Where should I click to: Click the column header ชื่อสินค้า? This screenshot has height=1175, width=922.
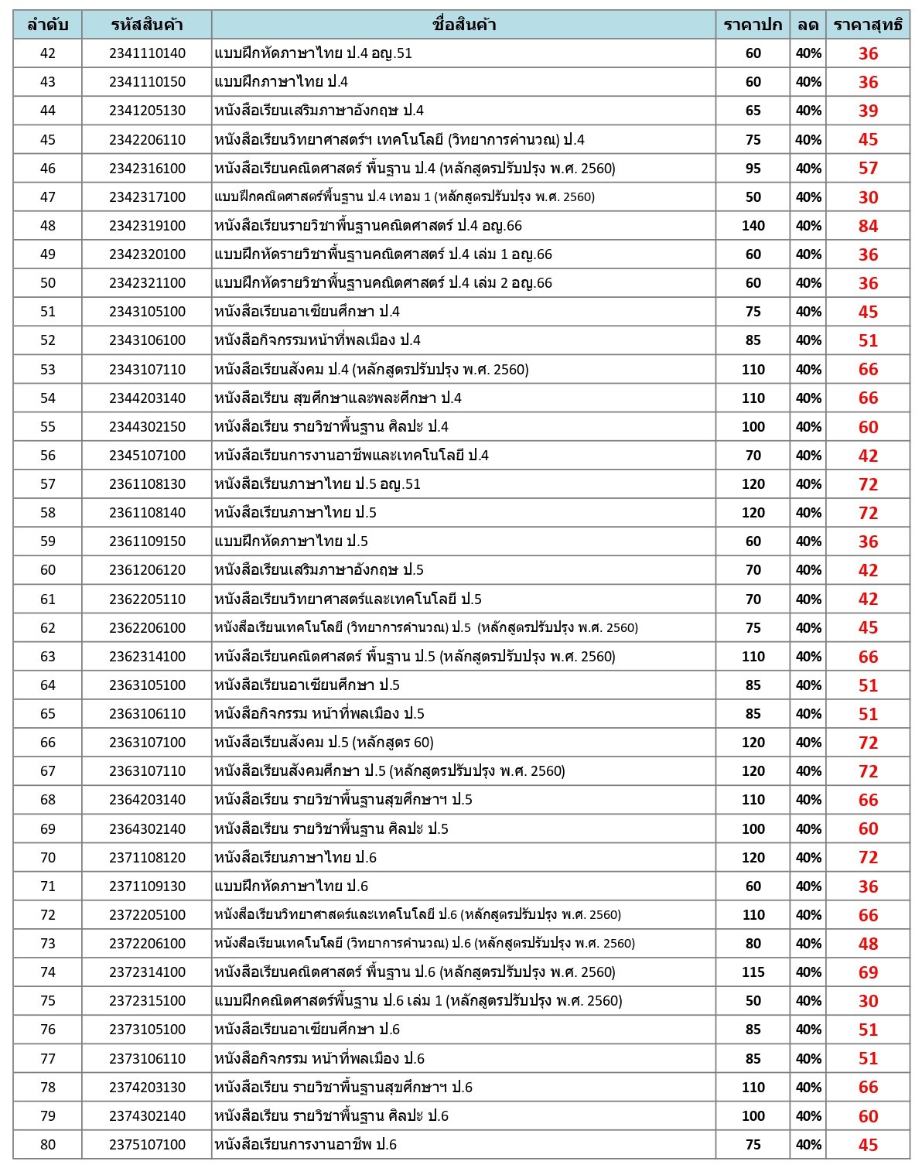click(x=463, y=25)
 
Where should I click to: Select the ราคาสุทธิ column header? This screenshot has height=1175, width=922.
click(x=867, y=25)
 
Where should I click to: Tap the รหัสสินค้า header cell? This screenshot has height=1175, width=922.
click(x=147, y=25)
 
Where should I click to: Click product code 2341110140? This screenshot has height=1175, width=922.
click(x=147, y=53)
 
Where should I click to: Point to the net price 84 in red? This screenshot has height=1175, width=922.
click(x=868, y=226)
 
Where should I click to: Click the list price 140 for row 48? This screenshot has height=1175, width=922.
click(x=753, y=226)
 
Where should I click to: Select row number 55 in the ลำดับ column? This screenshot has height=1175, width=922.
click(x=48, y=427)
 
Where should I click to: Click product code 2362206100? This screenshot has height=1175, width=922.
click(x=147, y=628)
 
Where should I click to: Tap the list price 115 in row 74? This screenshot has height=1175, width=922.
click(x=753, y=972)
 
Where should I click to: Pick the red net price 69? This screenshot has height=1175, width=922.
click(x=868, y=972)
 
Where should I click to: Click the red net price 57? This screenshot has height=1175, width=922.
click(x=868, y=169)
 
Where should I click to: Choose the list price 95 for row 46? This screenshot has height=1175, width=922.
click(x=753, y=169)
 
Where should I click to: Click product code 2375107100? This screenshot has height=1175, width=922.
click(x=147, y=1145)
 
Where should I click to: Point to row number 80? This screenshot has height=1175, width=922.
click(x=48, y=1145)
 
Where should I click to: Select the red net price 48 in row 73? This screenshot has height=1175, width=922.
click(x=868, y=944)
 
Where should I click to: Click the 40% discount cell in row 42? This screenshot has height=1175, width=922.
click(x=808, y=53)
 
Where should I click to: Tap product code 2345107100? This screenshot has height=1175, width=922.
click(x=147, y=456)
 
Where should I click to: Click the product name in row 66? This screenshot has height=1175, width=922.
click(x=324, y=743)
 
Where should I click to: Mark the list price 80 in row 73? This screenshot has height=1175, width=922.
click(x=753, y=944)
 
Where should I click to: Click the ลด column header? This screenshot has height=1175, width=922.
click(x=808, y=25)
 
